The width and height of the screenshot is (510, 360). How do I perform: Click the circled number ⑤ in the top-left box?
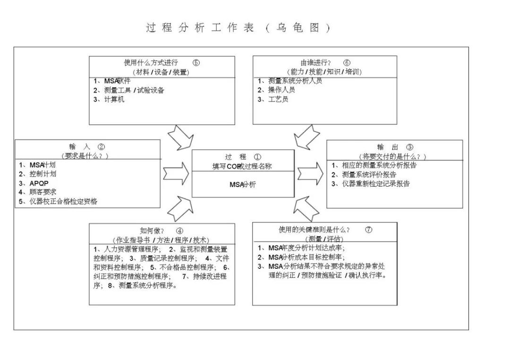196,62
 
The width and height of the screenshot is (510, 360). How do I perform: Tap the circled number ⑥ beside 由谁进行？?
347,62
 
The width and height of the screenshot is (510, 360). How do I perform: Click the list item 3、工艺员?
273,99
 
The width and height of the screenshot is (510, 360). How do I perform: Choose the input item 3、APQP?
34,183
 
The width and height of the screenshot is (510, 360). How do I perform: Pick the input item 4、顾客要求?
38,192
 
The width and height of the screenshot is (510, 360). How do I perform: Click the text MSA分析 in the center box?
243,185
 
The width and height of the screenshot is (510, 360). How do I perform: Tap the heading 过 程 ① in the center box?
243,157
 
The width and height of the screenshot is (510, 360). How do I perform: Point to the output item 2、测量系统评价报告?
364,174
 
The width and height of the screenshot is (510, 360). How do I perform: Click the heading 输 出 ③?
395,147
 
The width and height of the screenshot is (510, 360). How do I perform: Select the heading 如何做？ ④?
161,231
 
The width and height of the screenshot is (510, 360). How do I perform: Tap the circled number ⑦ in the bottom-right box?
369,230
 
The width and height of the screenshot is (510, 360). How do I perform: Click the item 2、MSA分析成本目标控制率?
301,257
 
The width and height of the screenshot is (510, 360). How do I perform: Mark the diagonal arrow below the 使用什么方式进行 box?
180,137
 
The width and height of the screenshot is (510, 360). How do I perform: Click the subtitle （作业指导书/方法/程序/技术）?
161,240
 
